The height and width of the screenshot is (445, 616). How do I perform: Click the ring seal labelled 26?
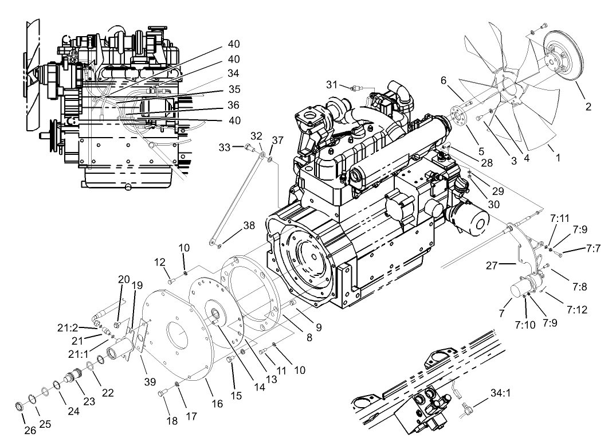point(19,407)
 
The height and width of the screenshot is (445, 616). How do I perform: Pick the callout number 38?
point(248,226)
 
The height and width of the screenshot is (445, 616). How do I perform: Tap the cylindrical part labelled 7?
point(521,287)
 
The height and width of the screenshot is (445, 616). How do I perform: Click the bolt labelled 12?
point(171,280)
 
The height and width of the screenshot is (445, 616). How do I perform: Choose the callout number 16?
point(217,404)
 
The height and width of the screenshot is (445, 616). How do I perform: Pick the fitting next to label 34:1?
point(466,408)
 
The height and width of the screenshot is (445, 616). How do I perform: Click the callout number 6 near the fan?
point(444,81)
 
